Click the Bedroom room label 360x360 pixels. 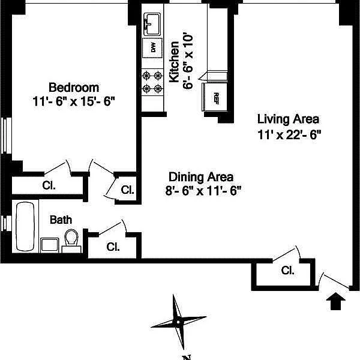pyautogui.click(x=74, y=88)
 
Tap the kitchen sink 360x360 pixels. pyautogui.click(x=152, y=24)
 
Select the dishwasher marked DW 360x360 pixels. pyautogui.click(x=152, y=48)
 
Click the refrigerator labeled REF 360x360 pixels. pyautogui.click(x=215, y=97)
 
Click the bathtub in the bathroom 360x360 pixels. pyautogui.click(x=25, y=226)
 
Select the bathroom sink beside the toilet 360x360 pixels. pyautogui.click(x=50, y=245)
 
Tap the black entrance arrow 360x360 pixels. pyautogui.click(x=335, y=301)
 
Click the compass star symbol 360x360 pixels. pyautogui.click(x=178, y=322)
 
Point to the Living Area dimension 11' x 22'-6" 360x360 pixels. pyautogui.click(x=289, y=135)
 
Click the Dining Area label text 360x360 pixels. pyautogui.click(x=201, y=177)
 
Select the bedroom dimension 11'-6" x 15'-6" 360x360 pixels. pyautogui.click(x=74, y=101)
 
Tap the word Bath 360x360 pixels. pyautogui.click(x=61, y=220)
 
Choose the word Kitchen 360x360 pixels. pyautogui.click(x=174, y=62)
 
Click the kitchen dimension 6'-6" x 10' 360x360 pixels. pyautogui.click(x=188, y=62)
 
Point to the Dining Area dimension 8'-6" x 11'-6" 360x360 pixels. pyautogui.click(x=203, y=191)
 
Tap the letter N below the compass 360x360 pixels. pyautogui.click(x=187, y=357)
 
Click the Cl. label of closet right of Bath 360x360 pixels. pyautogui.click(x=113, y=247)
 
